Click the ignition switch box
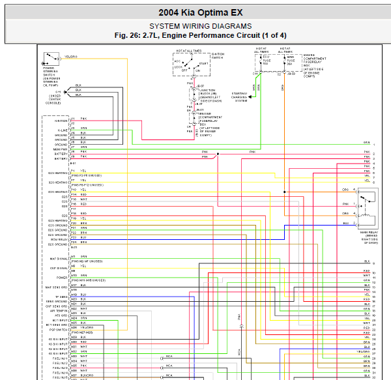click(192, 66)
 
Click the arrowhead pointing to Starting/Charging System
click(254, 96)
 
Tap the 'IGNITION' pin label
click(61, 121)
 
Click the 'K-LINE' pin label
click(61, 130)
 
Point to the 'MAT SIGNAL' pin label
click(59, 259)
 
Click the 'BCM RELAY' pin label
click(59, 239)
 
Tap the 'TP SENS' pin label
click(62, 296)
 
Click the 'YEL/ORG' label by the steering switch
click(71, 57)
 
